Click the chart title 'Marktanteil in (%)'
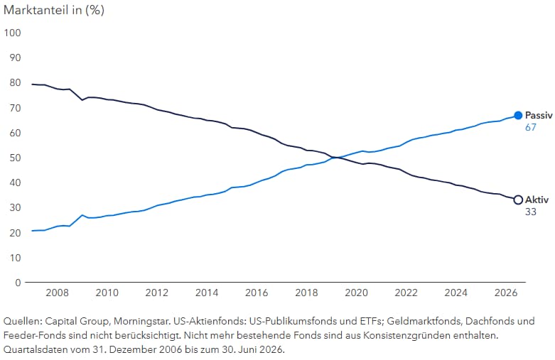pos(54,10)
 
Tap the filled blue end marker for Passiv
pos(518,115)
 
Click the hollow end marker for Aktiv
pos(518,200)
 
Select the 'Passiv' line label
pos(539,115)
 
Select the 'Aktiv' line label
pos(537,200)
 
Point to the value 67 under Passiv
pos(531,127)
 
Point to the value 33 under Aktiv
pos(531,212)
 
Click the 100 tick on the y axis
pos(12,33)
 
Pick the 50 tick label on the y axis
pos(15,158)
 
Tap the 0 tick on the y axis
pos(18,283)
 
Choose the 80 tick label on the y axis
pos(15,83)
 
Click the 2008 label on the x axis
pos(57,293)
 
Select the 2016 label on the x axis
pos(257,293)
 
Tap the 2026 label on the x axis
pos(506,293)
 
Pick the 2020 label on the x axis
pos(357,293)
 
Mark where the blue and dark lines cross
pos(335,158)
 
